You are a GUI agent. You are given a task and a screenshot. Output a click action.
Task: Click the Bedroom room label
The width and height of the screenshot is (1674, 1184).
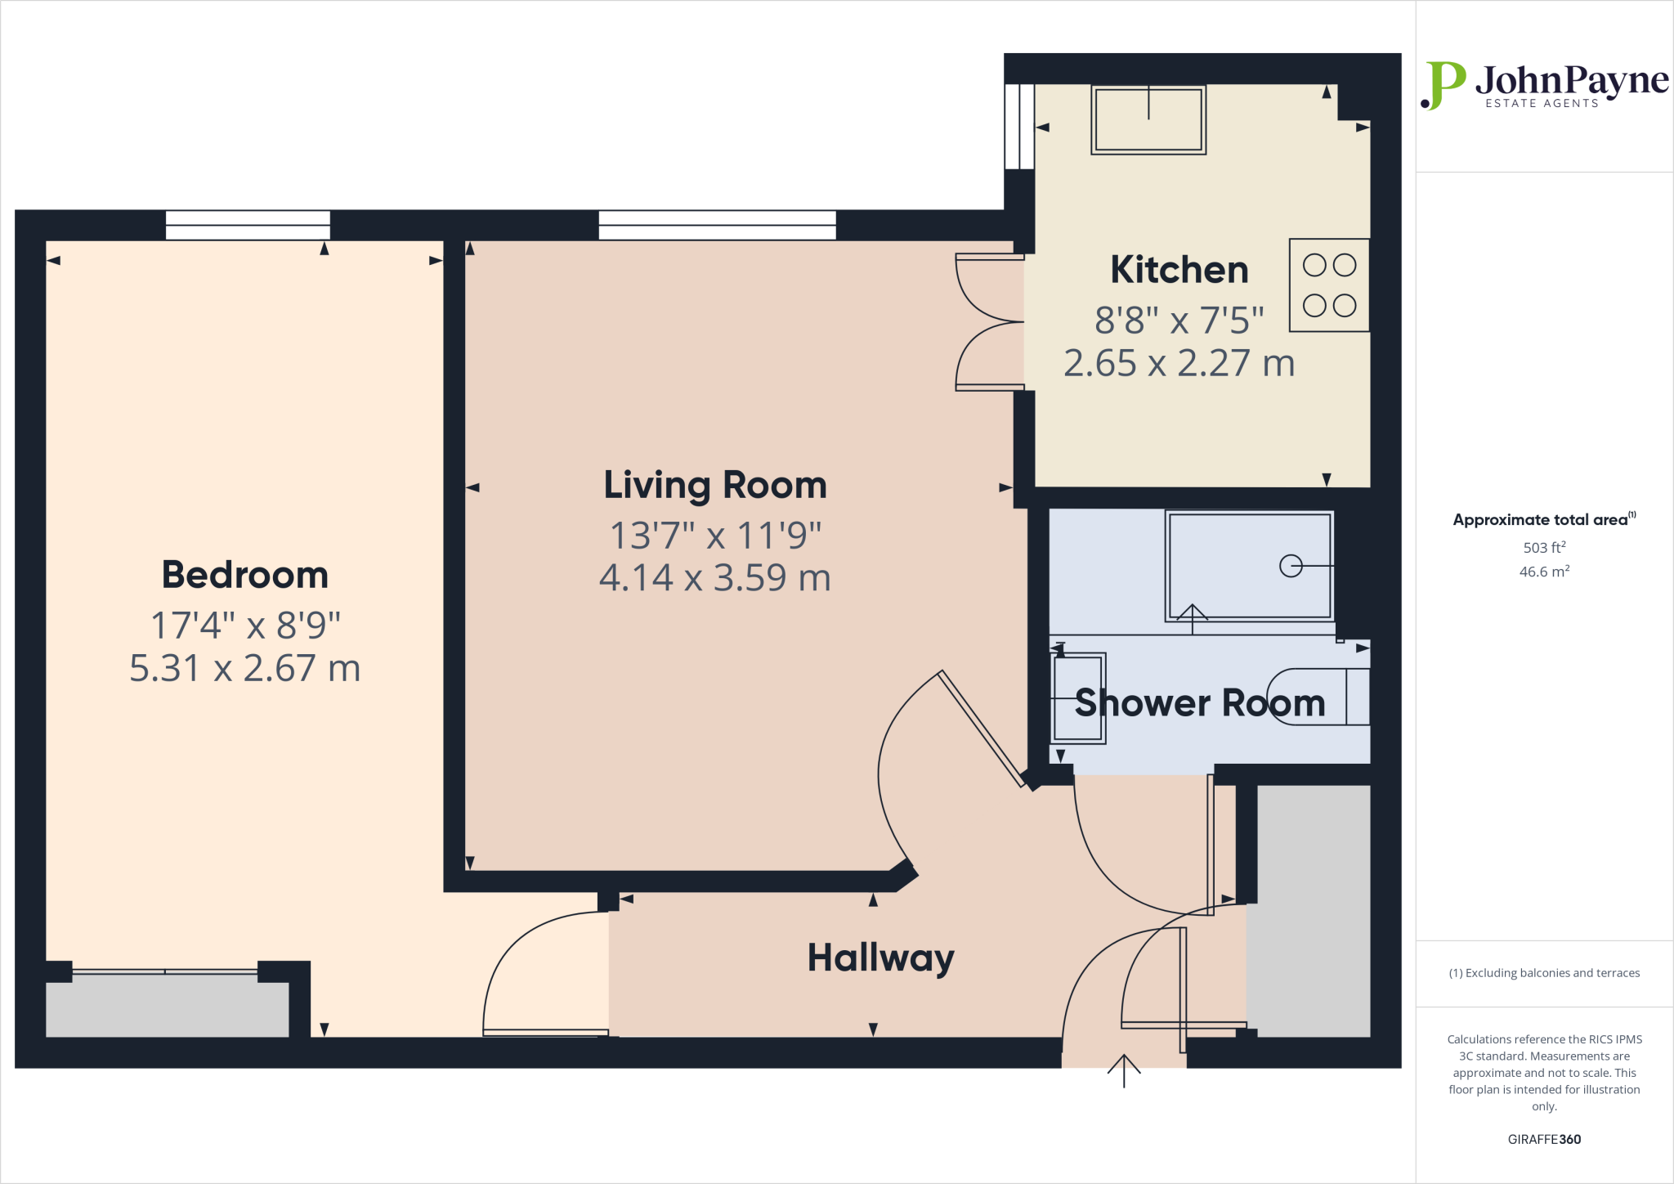(x=245, y=575)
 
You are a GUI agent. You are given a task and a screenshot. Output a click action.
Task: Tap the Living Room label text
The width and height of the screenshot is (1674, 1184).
(x=715, y=485)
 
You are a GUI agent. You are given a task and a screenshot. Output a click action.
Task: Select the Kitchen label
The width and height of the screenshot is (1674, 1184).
(x=1179, y=270)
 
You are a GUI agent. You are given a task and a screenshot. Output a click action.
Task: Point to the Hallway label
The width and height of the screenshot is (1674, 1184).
(x=880, y=958)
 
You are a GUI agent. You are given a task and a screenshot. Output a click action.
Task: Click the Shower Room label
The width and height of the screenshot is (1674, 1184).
(x=1199, y=703)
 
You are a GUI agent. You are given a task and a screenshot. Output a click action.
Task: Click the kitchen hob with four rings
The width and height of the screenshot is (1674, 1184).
(x=1329, y=285)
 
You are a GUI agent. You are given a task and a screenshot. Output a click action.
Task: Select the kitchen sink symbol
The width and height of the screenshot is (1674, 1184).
(x=1148, y=119)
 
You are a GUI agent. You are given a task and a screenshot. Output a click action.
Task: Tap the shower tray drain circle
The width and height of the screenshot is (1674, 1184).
(x=1291, y=566)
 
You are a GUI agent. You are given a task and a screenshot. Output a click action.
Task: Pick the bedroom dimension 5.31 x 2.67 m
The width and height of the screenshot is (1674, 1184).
(x=245, y=668)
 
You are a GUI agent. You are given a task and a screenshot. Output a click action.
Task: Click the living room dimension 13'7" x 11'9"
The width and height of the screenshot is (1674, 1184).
(x=715, y=536)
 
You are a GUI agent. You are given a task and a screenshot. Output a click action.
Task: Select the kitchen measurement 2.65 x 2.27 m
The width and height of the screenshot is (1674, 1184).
(x=1179, y=363)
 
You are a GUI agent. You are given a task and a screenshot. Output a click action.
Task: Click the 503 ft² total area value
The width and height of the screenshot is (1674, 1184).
(x=1543, y=548)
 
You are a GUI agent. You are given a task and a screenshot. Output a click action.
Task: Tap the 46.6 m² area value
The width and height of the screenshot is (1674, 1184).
(x=1543, y=572)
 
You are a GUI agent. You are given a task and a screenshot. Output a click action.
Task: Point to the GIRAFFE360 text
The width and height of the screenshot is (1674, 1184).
(x=1543, y=1139)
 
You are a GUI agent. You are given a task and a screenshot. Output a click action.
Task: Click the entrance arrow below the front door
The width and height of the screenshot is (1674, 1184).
(x=1124, y=1070)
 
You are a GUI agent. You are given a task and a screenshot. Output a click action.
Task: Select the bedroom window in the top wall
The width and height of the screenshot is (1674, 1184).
(x=248, y=225)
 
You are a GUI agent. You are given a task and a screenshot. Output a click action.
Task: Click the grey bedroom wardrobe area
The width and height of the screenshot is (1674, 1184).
(x=167, y=1009)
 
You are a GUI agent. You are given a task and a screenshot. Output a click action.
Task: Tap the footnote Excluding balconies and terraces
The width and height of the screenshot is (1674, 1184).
(x=1543, y=973)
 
